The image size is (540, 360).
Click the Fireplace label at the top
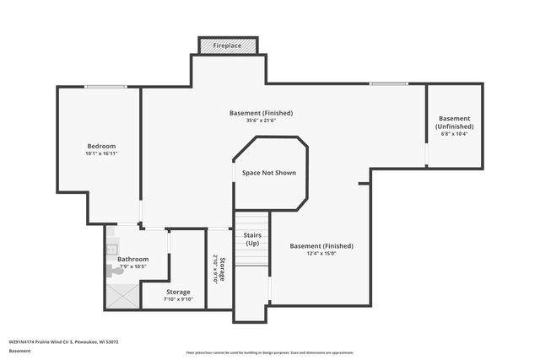[228, 45]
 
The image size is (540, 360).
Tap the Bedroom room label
[100, 146]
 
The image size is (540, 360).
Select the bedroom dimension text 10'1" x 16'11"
[100, 154]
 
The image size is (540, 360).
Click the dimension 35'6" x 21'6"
[262, 121]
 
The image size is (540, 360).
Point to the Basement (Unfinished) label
[454, 122]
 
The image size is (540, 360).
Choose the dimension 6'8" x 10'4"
[454, 133]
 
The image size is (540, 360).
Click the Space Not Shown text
[269, 172]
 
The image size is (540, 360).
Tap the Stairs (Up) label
[251, 239]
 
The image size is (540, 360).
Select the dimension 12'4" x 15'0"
[321, 254]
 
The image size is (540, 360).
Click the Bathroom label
[132, 259]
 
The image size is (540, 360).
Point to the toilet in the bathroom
[116, 270]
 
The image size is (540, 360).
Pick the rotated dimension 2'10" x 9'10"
[215, 268]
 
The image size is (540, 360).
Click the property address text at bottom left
[63, 342]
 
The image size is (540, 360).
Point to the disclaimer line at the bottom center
[269, 352]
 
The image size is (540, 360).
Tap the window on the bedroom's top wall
[105, 86]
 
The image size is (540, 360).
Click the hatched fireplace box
[228, 45]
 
